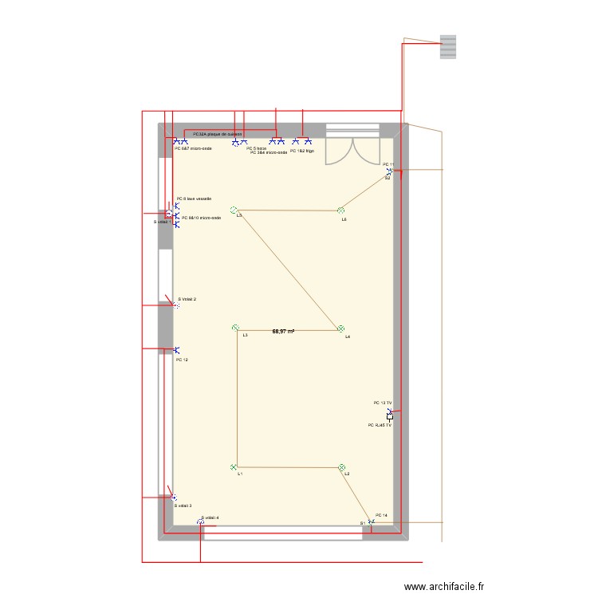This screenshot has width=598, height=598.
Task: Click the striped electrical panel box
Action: (x=448, y=46)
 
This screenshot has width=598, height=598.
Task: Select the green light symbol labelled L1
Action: (x=234, y=467)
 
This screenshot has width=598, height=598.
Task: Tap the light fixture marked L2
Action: (x=342, y=467)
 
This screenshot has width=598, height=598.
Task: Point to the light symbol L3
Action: (x=235, y=328)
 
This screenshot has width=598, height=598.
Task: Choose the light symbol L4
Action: (x=340, y=329)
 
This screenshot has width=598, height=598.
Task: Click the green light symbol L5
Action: (x=234, y=210)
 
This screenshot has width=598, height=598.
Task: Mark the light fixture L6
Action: (x=340, y=210)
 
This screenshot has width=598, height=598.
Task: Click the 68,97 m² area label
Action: (x=283, y=331)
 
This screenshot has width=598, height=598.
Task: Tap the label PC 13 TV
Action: (x=383, y=403)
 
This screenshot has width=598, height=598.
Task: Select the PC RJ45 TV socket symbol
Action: (x=390, y=416)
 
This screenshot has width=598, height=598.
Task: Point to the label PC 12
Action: (x=182, y=360)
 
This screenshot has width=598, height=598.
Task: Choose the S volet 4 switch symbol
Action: (x=200, y=522)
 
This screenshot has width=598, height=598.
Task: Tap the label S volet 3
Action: (x=183, y=506)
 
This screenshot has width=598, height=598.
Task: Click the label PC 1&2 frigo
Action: (x=302, y=151)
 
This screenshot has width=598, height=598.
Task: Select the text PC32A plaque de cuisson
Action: (x=217, y=134)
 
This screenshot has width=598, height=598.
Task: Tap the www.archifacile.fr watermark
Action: (x=444, y=586)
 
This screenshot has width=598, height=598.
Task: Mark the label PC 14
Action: (x=381, y=515)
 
